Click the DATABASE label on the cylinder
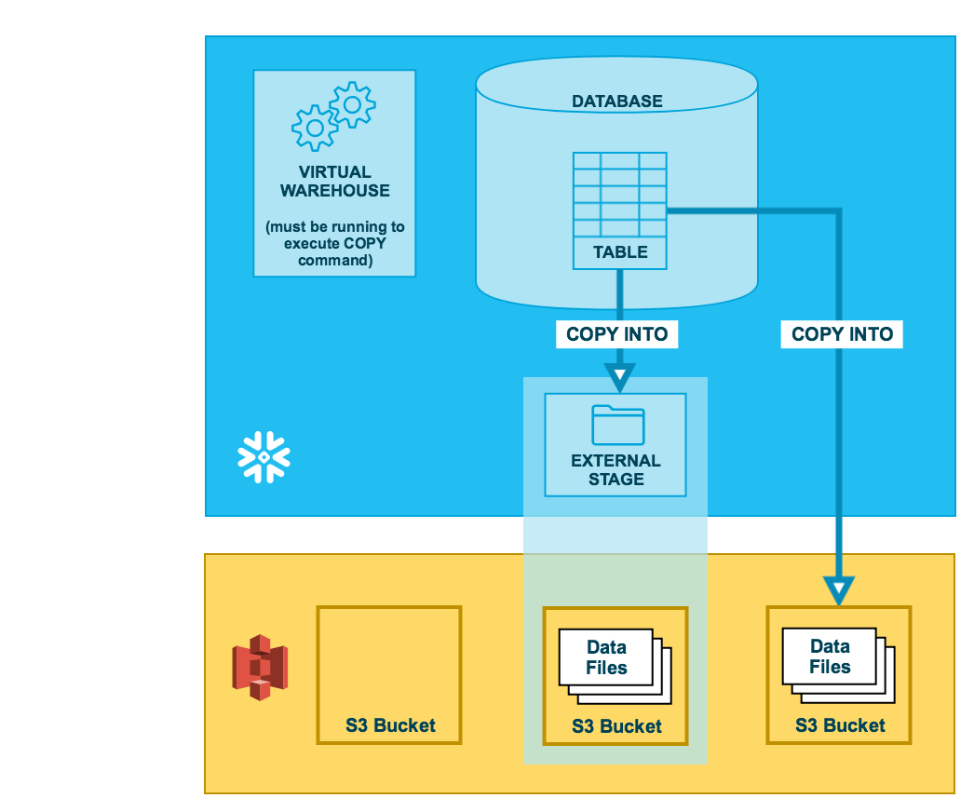click(x=616, y=101)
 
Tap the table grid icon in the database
click(x=619, y=194)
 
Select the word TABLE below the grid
click(x=619, y=252)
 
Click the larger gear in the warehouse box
click(x=315, y=126)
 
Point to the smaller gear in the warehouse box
click(x=352, y=104)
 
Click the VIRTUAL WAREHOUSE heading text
click(x=334, y=182)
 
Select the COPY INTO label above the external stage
click(x=616, y=334)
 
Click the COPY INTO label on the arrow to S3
click(x=842, y=334)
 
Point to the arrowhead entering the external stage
click(x=619, y=377)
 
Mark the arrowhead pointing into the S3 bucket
click(x=839, y=589)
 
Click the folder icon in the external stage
click(x=617, y=425)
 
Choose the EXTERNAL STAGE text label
click(x=616, y=470)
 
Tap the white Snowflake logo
click(x=264, y=457)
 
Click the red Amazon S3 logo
click(x=260, y=667)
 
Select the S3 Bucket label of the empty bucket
click(x=390, y=725)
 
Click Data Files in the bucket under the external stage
click(x=606, y=657)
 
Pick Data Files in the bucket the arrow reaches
click(x=830, y=656)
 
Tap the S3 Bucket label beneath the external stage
click(x=616, y=726)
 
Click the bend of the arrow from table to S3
click(x=838, y=212)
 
